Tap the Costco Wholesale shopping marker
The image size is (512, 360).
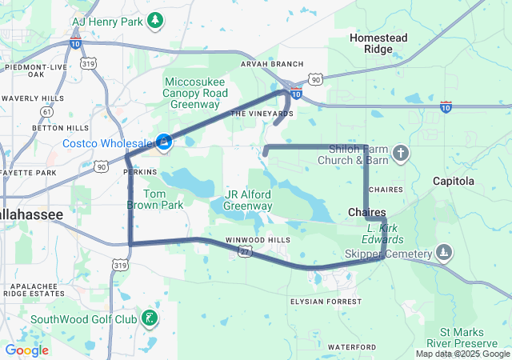click(x=164, y=142)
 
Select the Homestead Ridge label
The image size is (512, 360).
click(x=378, y=43)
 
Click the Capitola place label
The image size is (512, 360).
click(x=454, y=182)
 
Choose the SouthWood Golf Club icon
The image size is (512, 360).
click(x=147, y=319)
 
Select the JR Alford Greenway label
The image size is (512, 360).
click(x=248, y=200)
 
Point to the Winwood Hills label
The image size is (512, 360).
click(x=258, y=240)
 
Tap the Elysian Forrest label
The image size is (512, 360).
click(x=326, y=302)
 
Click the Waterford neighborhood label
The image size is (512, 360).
click(x=351, y=346)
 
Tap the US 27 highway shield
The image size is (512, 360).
click(x=244, y=252)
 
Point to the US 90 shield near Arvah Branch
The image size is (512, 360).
click(x=315, y=79)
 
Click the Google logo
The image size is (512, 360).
click(x=27, y=350)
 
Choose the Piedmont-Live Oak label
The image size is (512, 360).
click(x=36, y=70)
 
